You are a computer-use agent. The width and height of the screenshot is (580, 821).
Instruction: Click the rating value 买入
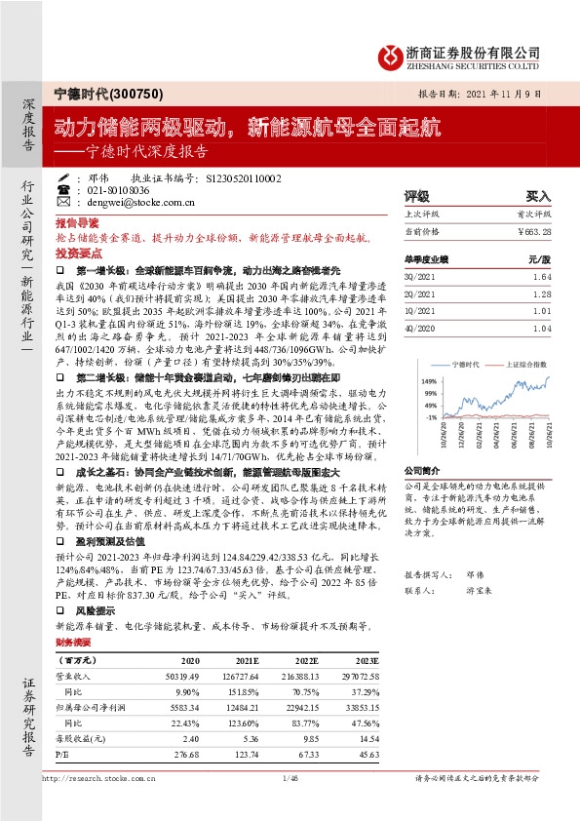(538, 196)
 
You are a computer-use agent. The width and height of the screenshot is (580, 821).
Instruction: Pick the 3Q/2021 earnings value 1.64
(542, 278)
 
